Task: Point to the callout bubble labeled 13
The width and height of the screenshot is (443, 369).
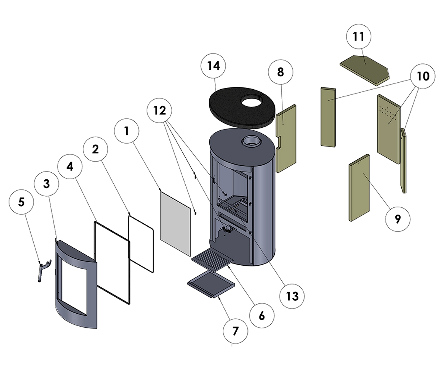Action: point(292,296)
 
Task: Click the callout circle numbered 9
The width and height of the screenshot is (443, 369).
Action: point(397,219)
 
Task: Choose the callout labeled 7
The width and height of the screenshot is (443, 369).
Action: point(236,331)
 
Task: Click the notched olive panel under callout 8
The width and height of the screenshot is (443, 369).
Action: point(285,138)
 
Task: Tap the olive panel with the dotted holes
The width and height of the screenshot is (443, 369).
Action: point(388,127)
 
